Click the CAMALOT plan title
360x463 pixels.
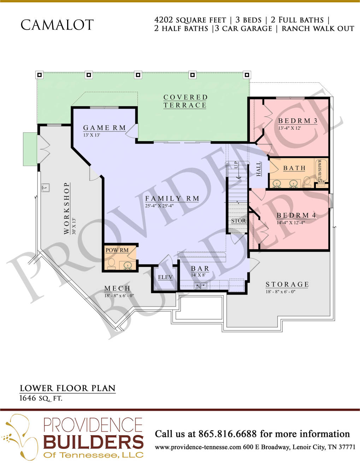pyautogui.click(x=57, y=25)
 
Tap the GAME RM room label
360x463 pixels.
pyautogui.click(x=105, y=128)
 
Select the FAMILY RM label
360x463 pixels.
pyautogui.click(x=172, y=198)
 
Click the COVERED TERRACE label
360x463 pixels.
pyautogui.click(x=185, y=101)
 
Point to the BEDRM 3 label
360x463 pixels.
pyautogui.click(x=298, y=121)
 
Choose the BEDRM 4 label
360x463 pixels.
pyautogui.click(x=296, y=215)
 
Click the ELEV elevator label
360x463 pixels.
pyautogui.click(x=165, y=277)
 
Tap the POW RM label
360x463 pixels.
pyautogui.click(x=117, y=250)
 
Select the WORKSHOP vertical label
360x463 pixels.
pyautogui.click(x=67, y=208)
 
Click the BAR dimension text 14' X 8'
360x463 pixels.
pyautogui.click(x=198, y=275)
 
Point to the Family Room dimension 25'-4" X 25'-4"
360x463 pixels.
pyautogui.click(x=159, y=206)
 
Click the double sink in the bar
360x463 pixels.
pyautogui.click(x=200, y=285)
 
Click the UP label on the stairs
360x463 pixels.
pyautogui.click(x=236, y=165)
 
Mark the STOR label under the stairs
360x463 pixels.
pyautogui.click(x=238, y=221)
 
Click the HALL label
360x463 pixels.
pyautogui.click(x=259, y=169)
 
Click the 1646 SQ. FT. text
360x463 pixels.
pyautogui.click(x=41, y=398)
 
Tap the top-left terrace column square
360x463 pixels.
pyautogui.click(x=40, y=75)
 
